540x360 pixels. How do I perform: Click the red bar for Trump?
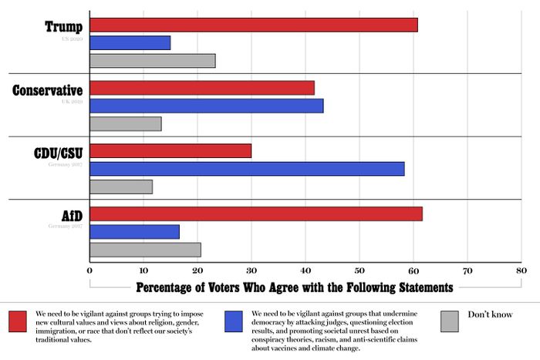[254, 25]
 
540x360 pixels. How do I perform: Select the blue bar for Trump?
[130, 43]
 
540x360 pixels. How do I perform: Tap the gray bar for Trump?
[153, 61]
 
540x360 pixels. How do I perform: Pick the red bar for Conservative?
[202, 88]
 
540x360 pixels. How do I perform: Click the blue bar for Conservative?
[207, 106]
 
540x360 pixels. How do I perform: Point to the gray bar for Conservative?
[126, 124]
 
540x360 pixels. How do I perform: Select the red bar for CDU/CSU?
[170, 151]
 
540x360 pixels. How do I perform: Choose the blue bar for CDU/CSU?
[247, 169]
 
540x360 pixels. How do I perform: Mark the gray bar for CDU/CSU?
[121, 187]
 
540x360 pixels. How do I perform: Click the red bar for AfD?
[256, 214]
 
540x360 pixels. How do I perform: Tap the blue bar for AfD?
[135, 231]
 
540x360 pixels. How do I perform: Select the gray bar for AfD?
[146, 250]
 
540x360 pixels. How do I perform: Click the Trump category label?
[64, 28]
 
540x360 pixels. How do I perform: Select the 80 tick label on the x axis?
[521, 271]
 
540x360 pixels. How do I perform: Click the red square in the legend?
[19, 321]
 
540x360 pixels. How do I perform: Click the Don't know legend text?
[489, 315]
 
